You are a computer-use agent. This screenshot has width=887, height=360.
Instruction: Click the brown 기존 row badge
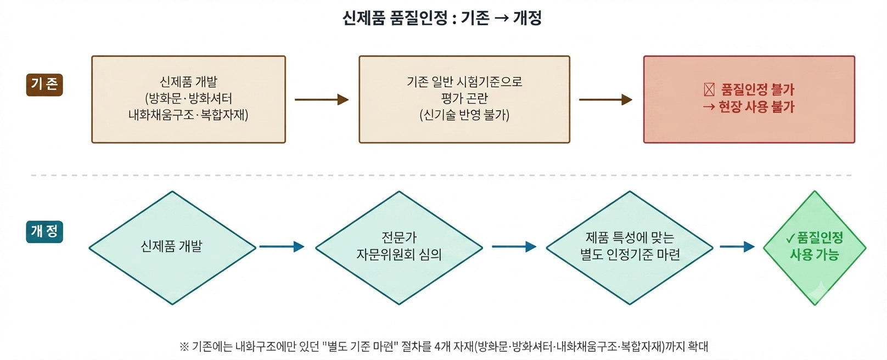44,85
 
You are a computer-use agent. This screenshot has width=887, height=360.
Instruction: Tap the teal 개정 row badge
44,232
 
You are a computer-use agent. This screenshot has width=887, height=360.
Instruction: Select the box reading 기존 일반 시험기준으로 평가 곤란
464,99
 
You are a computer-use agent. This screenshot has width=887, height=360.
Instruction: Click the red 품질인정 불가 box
749,99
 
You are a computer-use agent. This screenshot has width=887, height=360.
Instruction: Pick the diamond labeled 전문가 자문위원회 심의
399,248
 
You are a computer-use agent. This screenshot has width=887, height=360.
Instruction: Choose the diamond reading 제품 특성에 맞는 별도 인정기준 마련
630,248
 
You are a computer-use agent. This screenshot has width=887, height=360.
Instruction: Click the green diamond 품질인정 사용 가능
815,248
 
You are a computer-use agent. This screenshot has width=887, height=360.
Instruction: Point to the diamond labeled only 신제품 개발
172,248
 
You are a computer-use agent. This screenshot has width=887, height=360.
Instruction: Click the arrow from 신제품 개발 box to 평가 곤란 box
322,99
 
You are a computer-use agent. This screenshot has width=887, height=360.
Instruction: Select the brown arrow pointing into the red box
605,99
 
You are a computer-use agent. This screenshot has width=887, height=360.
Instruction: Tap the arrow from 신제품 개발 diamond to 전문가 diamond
282,247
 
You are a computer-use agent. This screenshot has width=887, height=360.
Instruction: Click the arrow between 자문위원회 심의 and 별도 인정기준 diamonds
514,247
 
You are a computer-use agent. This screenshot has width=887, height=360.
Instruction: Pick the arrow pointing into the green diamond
737,247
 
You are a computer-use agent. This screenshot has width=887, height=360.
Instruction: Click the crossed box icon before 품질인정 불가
709,90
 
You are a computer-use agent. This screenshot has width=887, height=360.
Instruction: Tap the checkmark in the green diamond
790,238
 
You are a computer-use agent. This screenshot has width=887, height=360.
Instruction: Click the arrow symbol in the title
502,18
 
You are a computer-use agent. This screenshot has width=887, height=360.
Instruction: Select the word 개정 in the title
527,18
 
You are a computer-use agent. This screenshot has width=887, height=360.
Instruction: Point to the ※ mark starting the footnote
184,347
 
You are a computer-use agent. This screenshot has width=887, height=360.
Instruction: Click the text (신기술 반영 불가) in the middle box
464,115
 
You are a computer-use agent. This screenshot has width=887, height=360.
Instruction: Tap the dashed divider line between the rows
441,175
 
